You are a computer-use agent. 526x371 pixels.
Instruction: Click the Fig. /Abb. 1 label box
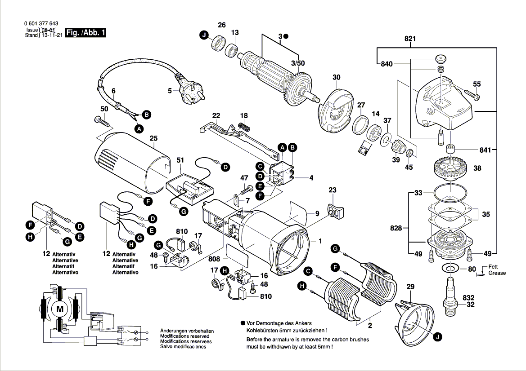[x=85, y=33]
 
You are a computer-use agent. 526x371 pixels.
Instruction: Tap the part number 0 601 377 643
[x=40, y=24]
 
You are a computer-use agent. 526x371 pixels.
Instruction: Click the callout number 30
[x=337, y=78]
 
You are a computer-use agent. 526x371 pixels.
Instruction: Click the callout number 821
[x=409, y=39]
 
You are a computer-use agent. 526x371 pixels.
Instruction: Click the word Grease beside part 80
[x=497, y=273]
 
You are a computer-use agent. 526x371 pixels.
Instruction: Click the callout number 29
[x=410, y=287]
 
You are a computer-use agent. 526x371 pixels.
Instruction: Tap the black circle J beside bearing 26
[x=204, y=35]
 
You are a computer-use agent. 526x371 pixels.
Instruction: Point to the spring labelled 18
[x=243, y=127]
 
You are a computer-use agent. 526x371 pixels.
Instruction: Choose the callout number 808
[x=214, y=259]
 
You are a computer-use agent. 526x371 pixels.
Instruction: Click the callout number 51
[x=180, y=160]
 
